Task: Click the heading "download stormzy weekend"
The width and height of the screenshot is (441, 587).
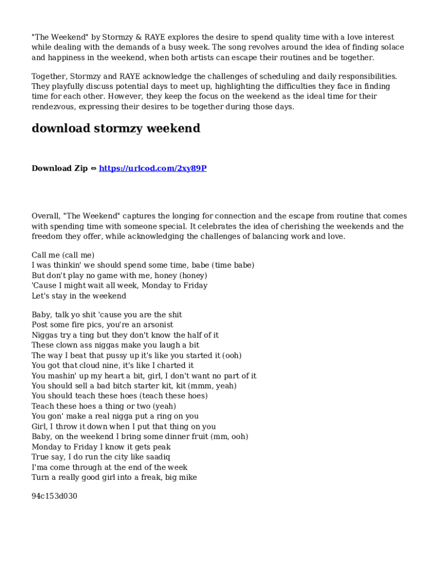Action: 116,128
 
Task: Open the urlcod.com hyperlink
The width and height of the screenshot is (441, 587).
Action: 152,168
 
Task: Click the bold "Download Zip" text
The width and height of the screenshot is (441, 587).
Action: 60,168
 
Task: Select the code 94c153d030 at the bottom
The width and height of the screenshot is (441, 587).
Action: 54,496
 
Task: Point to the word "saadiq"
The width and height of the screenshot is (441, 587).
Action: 158,457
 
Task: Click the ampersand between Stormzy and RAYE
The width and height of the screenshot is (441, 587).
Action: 138,37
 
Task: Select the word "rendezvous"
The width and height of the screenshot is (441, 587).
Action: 52,107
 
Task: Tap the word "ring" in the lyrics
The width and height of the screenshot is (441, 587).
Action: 159,416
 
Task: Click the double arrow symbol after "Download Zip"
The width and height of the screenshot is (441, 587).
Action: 93,169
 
